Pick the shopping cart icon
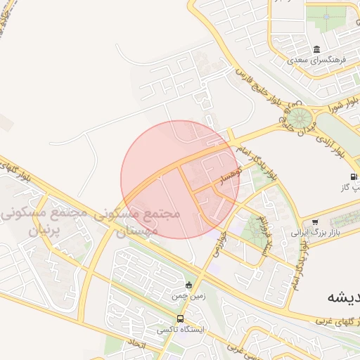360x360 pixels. click(314, 221)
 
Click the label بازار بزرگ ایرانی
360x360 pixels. click(316, 231)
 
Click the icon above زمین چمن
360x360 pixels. click(188, 285)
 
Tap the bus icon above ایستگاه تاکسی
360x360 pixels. click(181, 318)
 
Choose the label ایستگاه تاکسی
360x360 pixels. click(179, 329)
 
